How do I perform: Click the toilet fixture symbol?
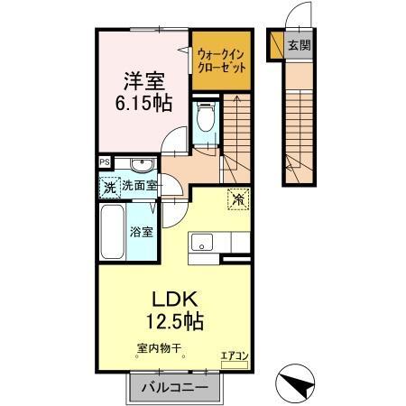coord(204,117)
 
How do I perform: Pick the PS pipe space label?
coord(104,163)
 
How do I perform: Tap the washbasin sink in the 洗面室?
coord(140,165)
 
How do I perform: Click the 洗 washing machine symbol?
coord(108,188)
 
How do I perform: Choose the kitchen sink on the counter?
coord(200,242)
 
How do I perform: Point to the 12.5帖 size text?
coord(174,320)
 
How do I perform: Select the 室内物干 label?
coord(160,347)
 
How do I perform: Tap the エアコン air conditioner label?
coord(234,356)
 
